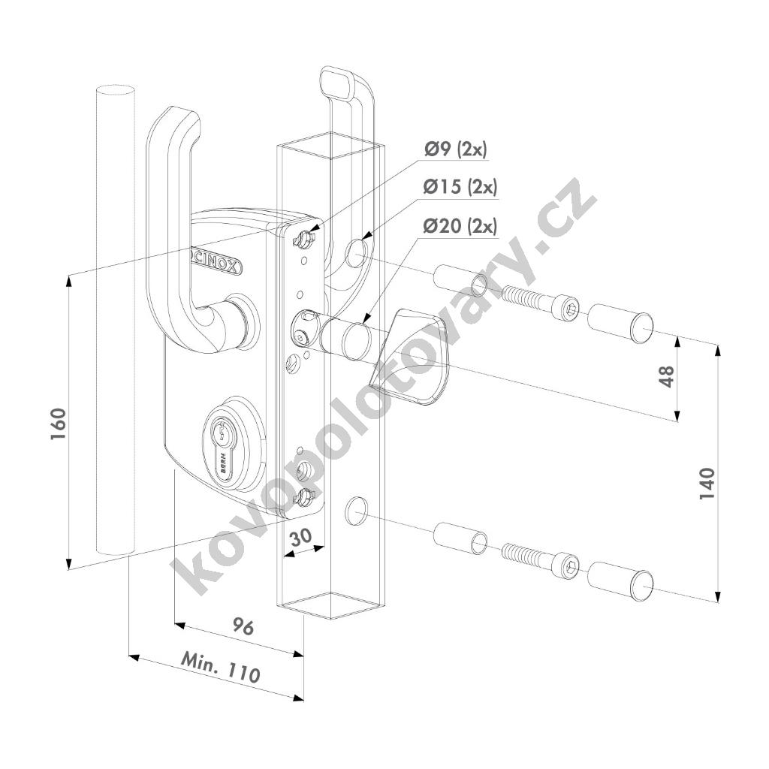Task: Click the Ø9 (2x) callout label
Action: (456, 149)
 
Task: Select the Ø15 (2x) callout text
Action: (460, 187)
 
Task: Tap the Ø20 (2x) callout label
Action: (460, 226)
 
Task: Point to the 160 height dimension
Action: (58, 424)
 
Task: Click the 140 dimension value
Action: (707, 484)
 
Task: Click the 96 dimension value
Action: (243, 627)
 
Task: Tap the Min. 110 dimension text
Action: (221, 668)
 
